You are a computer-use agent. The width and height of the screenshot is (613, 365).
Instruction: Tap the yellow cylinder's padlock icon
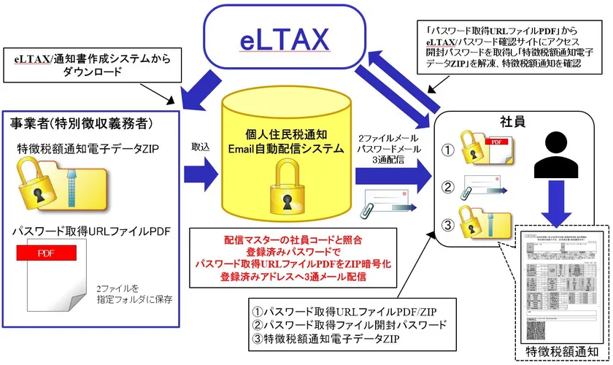click(x=284, y=190)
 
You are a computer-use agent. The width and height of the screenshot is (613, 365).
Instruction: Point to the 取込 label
click(x=200, y=146)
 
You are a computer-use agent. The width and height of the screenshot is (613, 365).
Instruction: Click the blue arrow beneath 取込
click(x=201, y=174)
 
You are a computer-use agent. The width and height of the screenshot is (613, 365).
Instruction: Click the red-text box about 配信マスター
click(x=296, y=258)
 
